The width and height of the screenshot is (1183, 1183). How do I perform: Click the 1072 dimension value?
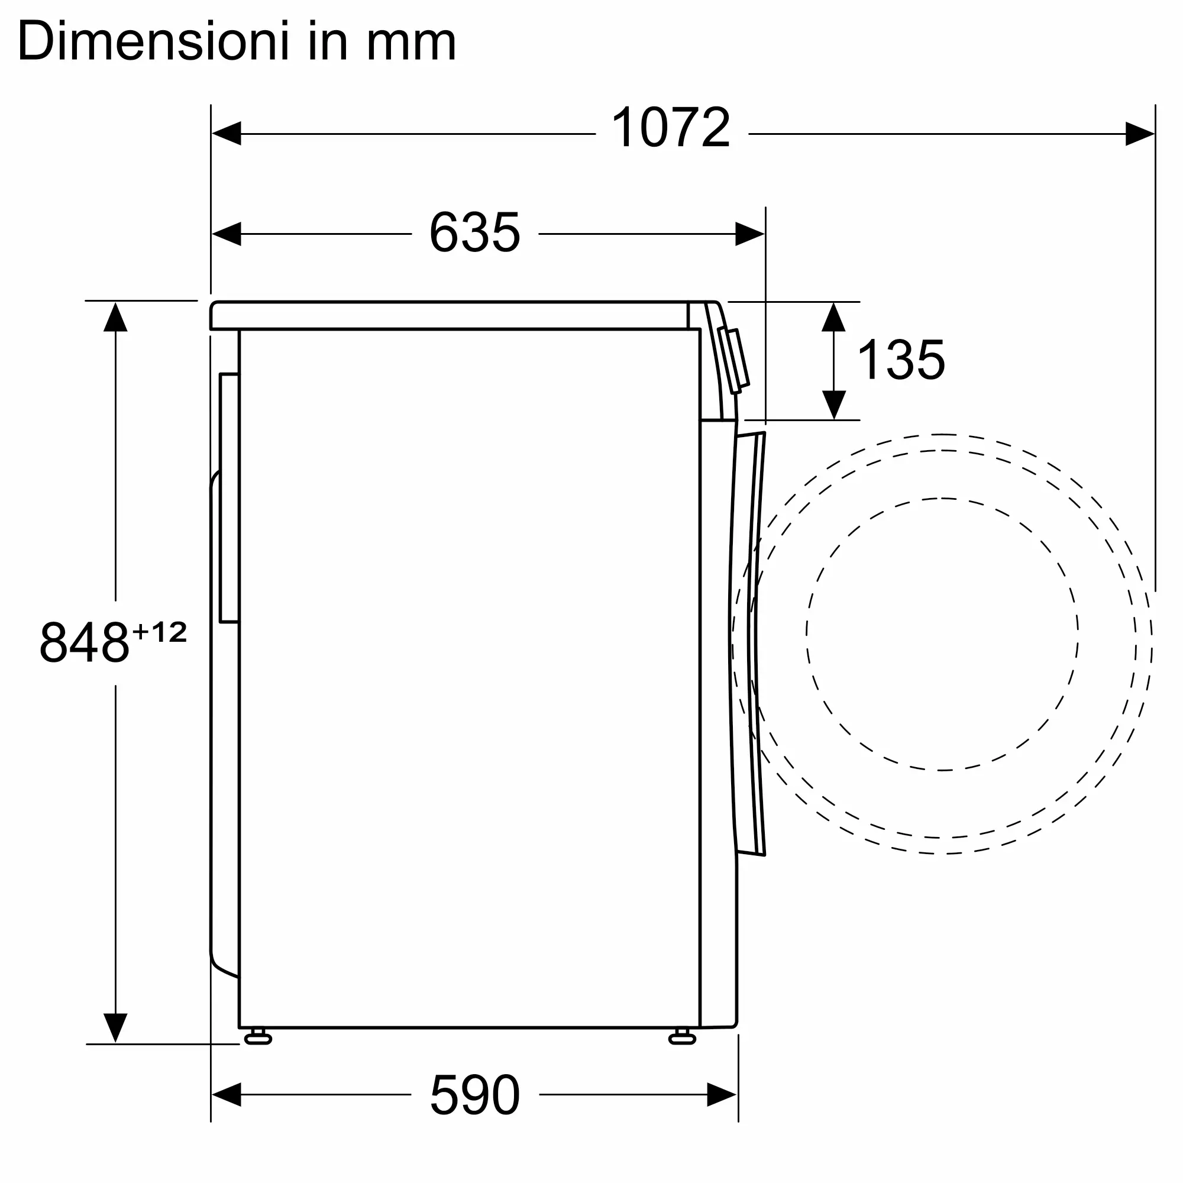click(x=671, y=127)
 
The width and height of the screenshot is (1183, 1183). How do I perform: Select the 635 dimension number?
click(x=474, y=232)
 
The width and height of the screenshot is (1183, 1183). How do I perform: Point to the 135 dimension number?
click(x=901, y=360)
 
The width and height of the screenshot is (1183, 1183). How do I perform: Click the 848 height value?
click(x=85, y=642)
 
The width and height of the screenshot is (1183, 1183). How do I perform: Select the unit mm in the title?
click(x=412, y=47)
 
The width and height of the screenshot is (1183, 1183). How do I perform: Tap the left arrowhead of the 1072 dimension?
click(x=227, y=134)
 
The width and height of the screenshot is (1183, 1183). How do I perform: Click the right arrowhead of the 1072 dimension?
click(x=1140, y=134)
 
